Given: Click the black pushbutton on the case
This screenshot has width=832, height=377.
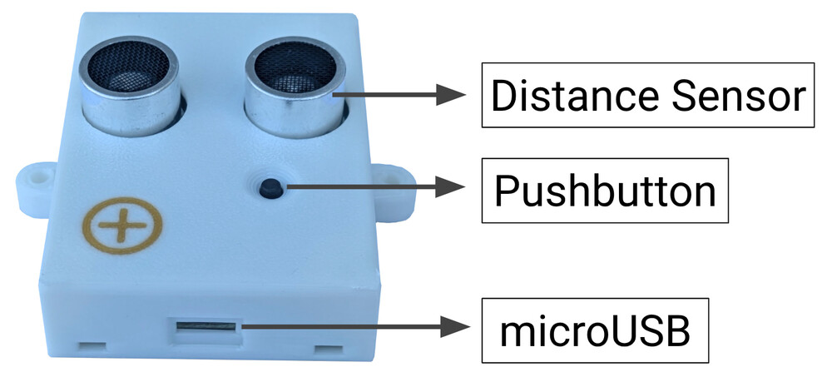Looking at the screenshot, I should click(270, 188).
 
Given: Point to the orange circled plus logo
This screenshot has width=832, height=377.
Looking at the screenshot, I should click(123, 226).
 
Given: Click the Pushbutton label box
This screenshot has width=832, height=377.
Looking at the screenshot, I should click(605, 191).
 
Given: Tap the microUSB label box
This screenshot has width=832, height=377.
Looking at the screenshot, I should click(594, 330).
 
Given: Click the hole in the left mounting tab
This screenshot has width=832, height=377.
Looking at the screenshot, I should click(36, 179).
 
